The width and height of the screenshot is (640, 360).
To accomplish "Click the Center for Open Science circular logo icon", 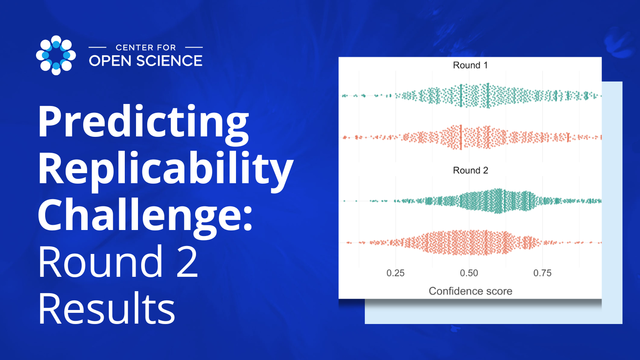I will (56, 55).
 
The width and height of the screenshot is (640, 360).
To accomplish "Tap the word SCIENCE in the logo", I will (169, 61).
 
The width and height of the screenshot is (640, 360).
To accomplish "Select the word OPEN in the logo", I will (110, 61).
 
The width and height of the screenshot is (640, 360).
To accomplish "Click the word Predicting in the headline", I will (143, 122).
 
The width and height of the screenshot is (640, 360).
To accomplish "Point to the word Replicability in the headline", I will (166, 169).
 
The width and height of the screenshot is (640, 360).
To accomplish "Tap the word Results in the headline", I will (107, 309).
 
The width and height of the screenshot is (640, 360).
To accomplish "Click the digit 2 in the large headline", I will (187, 262).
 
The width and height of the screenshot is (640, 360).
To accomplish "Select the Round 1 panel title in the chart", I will (470, 65).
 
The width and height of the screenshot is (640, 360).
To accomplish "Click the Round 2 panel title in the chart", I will (470, 170).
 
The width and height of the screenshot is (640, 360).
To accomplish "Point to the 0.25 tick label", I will (395, 273).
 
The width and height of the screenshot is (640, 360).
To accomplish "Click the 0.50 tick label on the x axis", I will (469, 273).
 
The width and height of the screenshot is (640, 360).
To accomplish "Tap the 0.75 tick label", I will (542, 273).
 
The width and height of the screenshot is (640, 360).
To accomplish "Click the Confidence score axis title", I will (470, 291).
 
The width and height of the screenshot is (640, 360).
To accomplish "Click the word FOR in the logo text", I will (166, 48).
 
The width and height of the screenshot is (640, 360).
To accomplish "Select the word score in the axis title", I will (498, 291).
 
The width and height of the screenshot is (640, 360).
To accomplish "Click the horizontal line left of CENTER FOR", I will (97, 48).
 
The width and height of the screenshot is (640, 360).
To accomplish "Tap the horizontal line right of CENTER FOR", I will (194, 48).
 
